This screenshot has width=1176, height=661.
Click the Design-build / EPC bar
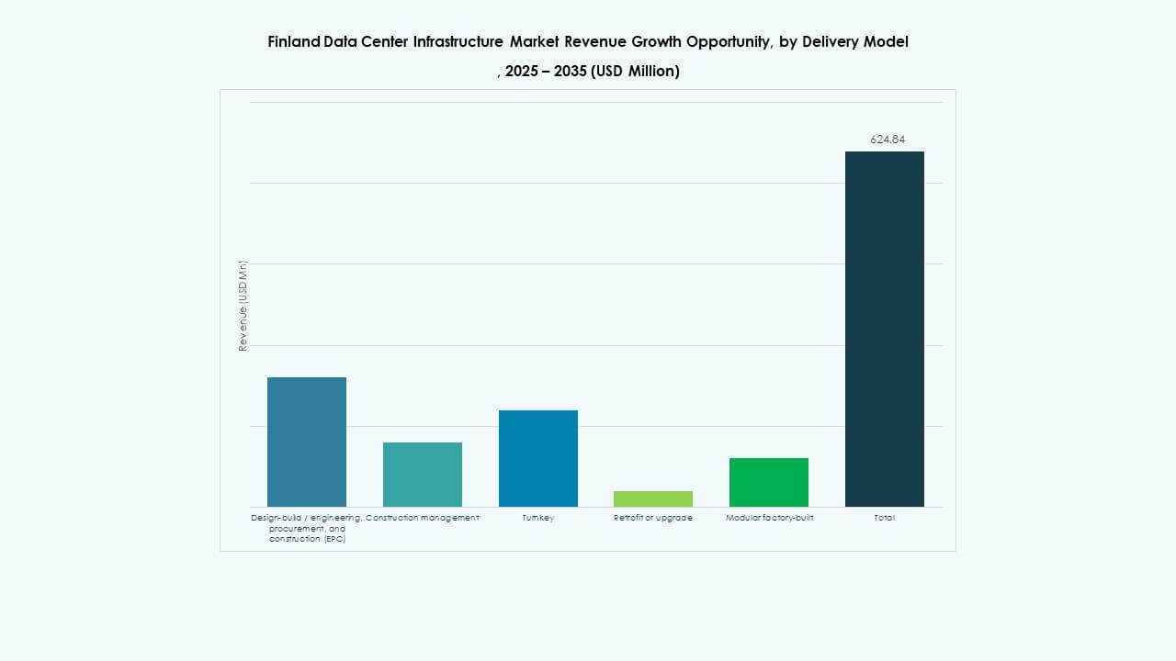tap(307, 442)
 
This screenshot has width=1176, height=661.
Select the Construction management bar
tap(423, 475)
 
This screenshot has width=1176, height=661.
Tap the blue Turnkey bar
tap(538, 458)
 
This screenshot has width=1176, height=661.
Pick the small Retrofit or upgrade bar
tap(653, 499)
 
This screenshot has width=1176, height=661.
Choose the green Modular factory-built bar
tap(769, 482)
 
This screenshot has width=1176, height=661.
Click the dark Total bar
tap(885, 329)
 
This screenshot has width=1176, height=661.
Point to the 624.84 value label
tap(888, 140)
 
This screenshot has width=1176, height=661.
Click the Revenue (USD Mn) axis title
tap(243, 306)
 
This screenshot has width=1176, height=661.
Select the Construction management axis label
tap(423, 518)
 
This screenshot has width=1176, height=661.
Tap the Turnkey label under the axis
tap(538, 518)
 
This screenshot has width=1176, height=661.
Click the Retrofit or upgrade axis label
tap(653, 518)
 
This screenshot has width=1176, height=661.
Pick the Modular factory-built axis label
tap(769, 518)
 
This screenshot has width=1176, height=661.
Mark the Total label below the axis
tap(885, 518)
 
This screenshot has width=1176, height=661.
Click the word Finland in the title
tap(293, 42)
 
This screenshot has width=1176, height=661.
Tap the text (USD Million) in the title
tap(636, 72)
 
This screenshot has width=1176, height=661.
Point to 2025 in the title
tap(523, 72)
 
